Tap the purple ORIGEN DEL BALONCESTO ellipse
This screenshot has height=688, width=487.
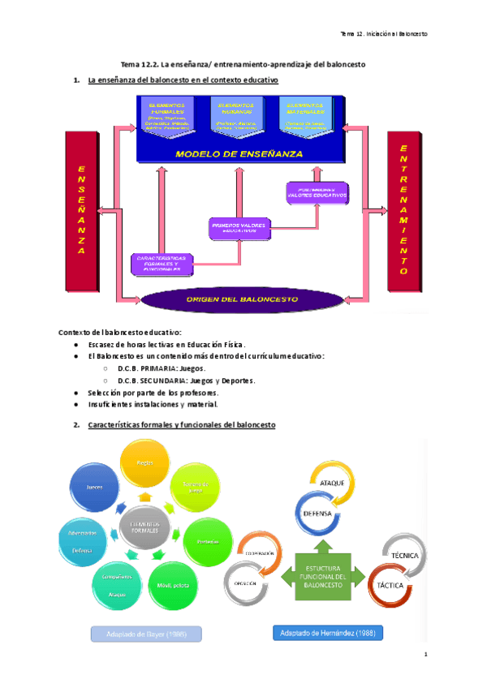pyautogui.click(x=243, y=299)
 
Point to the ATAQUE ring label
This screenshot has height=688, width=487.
pyautogui.click(x=334, y=484)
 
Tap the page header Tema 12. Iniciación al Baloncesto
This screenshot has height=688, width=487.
pyautogui.click(x=383, y=34)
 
